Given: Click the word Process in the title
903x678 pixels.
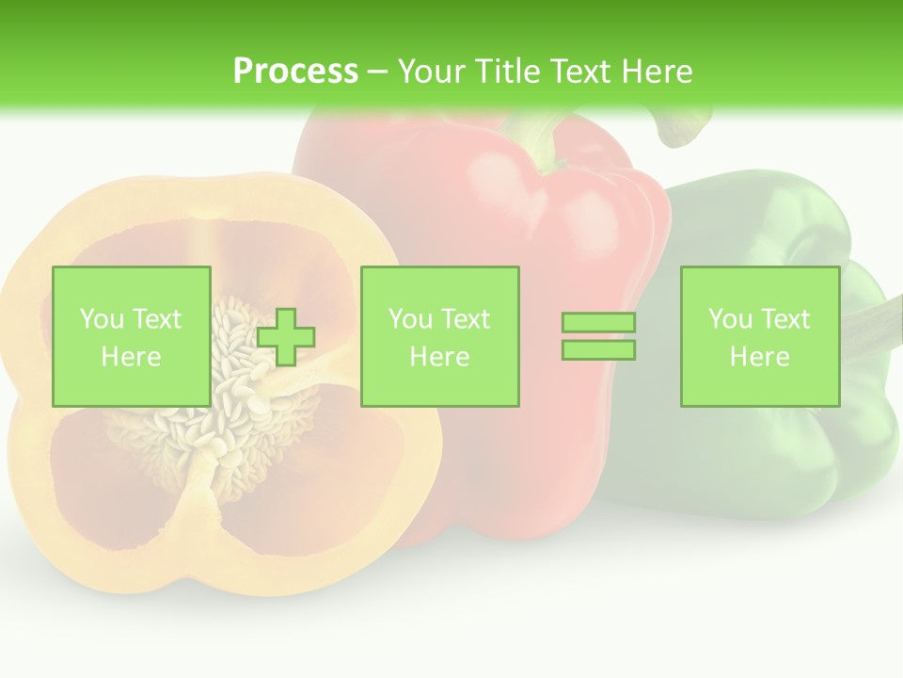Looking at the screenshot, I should coord(295,72).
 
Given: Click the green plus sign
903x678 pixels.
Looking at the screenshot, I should coord(286,336).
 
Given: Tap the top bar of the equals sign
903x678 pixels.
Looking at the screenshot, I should coord(598,322).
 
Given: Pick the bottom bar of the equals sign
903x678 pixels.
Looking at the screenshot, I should coord(598,349).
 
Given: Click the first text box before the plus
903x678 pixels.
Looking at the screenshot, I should coord(131,336).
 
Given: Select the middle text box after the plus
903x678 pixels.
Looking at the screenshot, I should coord(439,336).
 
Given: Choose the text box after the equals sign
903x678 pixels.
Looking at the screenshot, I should coord(759,336).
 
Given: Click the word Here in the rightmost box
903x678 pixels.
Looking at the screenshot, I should coord(759,357).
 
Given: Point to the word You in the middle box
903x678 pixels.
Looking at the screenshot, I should coord(410,319).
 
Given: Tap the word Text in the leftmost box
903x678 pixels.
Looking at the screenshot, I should coord(156,319).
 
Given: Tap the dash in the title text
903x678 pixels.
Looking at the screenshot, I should coord(378,72).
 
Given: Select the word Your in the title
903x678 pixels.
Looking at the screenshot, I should coord(429,72).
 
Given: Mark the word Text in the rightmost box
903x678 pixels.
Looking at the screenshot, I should coord(784,319).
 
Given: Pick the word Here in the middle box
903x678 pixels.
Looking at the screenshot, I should coord(439,357).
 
